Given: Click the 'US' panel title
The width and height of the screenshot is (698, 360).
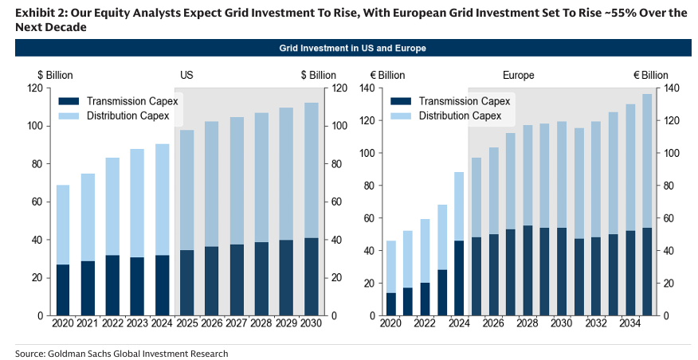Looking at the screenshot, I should [186, 75].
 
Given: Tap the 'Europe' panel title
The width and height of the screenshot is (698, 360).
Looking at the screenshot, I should [518, 75].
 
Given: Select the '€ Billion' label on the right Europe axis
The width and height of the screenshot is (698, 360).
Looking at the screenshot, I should [650, 75].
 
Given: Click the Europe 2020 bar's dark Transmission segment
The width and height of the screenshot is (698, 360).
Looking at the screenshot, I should [390, 304].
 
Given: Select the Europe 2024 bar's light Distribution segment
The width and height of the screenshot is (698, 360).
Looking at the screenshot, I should [458, 206].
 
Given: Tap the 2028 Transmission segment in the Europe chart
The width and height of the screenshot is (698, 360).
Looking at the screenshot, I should [527, 271].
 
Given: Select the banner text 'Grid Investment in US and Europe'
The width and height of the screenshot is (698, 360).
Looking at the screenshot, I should [352, 48].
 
